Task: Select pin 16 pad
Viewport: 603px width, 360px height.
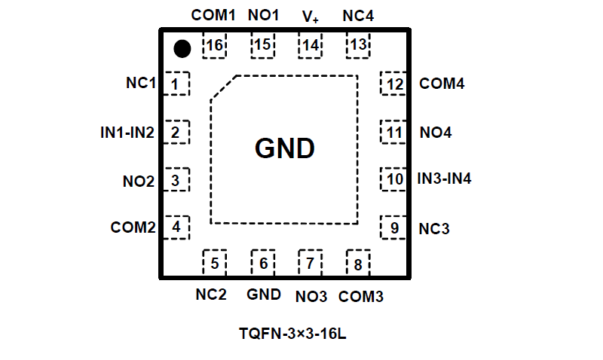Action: tap(215, 47)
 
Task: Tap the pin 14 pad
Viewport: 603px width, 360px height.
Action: tap(311, 46)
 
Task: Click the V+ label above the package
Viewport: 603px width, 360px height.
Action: tap(311, 16)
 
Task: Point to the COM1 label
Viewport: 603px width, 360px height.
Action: tap(213, 15)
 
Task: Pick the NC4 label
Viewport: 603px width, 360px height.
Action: tap(357, 15)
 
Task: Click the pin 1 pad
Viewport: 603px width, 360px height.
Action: tap(176, 84)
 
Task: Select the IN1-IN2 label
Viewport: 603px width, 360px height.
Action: tap(127, 133)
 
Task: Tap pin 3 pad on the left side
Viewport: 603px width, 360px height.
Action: tap(176, 181)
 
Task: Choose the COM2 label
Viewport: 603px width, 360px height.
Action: tap(133, 227)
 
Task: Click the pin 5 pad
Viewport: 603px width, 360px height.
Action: tap(215, 263)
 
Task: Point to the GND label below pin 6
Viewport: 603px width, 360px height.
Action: tap(264, 294)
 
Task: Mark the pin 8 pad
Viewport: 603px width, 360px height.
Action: tap(357, 264)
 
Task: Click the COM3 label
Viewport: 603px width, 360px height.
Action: tap(361, 297)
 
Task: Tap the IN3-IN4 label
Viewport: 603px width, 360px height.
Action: tap(445, 179)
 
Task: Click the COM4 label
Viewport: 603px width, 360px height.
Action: tap(442, 84)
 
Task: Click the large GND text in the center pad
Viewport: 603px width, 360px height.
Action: tap(284, 149)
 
